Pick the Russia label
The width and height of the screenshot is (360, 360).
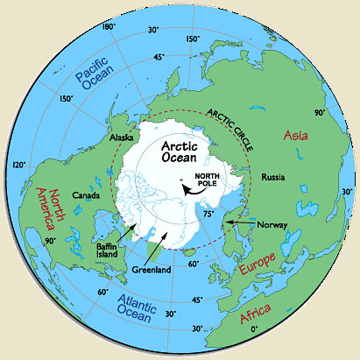click(275, 178)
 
